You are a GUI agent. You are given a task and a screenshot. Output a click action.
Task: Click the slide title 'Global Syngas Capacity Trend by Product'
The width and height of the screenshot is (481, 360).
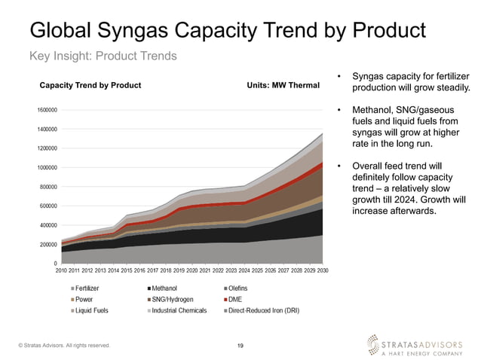(x=227, y=30)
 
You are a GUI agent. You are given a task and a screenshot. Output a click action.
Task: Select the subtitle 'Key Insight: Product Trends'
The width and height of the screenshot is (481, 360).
(x=103, y=56)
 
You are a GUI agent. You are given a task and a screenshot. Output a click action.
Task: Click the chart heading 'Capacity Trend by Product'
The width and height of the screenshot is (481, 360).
(x=90, y=85)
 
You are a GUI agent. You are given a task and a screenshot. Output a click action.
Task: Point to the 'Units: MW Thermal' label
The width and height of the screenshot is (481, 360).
(x=283, y=85)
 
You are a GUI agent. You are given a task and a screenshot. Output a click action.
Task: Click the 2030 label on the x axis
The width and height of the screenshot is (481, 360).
(x=323, y=270)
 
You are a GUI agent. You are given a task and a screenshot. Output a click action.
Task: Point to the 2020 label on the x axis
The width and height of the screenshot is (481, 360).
(x=192, y=270)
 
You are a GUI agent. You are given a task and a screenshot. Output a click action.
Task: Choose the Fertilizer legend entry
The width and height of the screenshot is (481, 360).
(x=86, y=288)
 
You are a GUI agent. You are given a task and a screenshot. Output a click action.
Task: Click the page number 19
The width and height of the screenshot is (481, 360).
(x=240, y=346)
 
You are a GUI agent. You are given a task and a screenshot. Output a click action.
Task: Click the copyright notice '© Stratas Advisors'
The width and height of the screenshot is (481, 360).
(x=64, y=346)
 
